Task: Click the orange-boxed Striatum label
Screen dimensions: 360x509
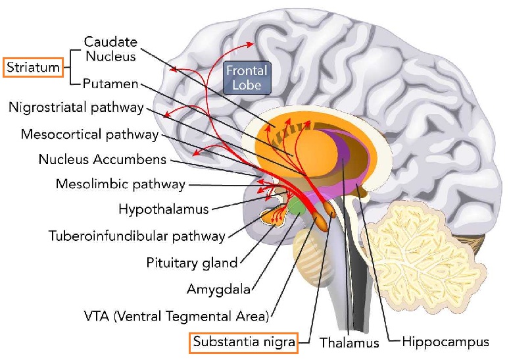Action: [x=32, y=67]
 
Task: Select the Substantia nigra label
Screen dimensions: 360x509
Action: [x=243, y=342]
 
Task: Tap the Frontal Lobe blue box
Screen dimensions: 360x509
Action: [x=247, y=76]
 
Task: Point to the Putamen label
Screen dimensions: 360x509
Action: [x=111, y=84]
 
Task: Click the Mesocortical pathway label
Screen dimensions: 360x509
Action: [x=90, y=134]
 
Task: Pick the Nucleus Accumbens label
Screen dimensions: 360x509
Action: [x=102, y=159]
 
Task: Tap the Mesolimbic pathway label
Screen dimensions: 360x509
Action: [x=120, y=184]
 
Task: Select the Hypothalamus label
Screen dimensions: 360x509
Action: [x=163, y=209]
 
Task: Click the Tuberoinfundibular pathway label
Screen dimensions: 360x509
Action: [x=137, y=236]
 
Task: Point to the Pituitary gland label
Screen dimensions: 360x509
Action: [x=191, y=263]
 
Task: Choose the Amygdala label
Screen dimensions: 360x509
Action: [x=218, y=289]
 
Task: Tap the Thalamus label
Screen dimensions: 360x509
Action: [x=349, y=343]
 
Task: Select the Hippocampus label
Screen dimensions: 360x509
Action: [x=445, y=342]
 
